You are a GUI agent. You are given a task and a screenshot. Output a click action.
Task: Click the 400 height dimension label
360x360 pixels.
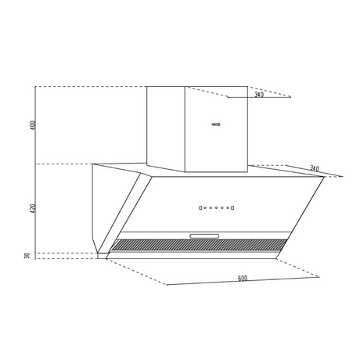click(33, 125)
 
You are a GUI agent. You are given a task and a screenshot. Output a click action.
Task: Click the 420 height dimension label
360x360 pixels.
click(33, 209)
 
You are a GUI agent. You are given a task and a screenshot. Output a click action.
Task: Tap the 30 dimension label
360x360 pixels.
click(27, 256)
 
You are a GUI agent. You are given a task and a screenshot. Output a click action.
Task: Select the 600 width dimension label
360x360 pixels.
click(243, 279)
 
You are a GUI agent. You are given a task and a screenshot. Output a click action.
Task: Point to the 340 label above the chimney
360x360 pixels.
click(259, 94)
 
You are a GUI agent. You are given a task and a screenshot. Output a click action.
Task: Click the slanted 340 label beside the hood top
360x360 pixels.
click(315, 168)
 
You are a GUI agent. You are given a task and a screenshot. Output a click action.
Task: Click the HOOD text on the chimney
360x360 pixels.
click(216, 124)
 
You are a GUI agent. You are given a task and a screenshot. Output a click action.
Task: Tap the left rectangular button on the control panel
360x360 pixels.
click(200, 208)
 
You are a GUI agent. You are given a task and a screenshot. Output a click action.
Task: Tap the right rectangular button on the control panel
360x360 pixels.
click(232, 208)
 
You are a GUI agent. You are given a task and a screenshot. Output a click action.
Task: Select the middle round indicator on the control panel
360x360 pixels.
click(217, 208)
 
